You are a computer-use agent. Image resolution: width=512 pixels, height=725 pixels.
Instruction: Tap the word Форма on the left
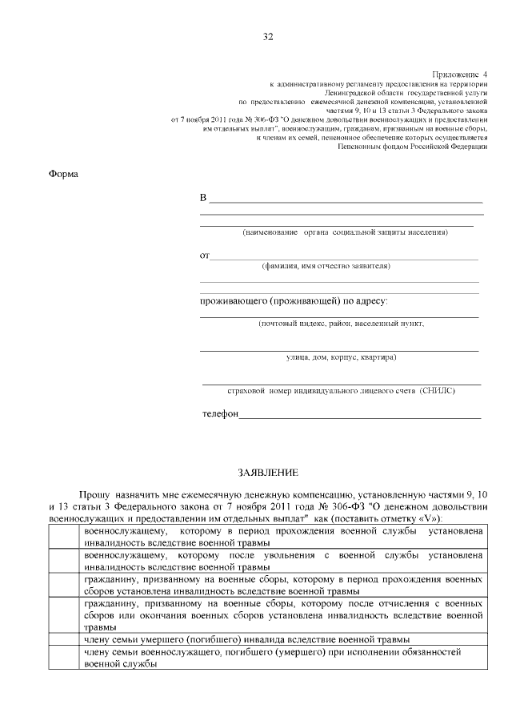point(63,174)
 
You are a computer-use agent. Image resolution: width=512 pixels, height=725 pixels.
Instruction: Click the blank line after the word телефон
point(360,415)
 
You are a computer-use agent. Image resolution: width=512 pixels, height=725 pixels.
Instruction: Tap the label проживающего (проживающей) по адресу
point(293,301)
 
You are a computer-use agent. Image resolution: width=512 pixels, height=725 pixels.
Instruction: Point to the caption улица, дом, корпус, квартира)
point(341,357)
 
